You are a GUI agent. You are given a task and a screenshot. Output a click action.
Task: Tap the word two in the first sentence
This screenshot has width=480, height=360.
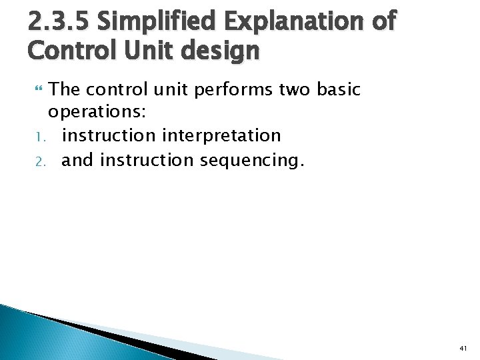tap(289, 89)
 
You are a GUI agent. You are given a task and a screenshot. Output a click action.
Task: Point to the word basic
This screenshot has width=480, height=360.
tap(337, 89)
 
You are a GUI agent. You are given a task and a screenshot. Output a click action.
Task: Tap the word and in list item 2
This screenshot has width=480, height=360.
tap(77, 159)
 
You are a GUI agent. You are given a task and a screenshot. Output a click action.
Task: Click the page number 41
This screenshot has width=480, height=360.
tap(463, 348)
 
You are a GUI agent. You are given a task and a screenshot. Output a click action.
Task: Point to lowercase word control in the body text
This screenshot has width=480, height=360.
tap(117, 89)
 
